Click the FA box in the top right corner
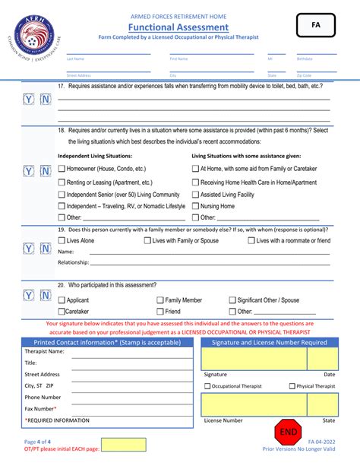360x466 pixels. tap(315, 25)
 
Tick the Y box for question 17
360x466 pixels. tap(28, 99)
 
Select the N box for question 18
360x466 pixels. tap(45, 171)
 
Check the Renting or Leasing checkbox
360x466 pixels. tap(62, 182)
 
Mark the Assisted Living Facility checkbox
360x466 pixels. tap(195, 195)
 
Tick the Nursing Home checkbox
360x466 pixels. tap(195, 206)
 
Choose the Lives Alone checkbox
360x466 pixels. tap(62, 241)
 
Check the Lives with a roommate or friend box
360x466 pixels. tap(251, 241)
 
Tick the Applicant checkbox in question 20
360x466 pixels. tap(62, 300)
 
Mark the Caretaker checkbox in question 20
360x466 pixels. tap(62, 312)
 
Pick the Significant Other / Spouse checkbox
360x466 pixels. tap(232, 300)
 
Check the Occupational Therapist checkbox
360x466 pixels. tap(207, 386)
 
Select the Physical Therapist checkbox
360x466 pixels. tap(292, 386)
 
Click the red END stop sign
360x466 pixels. tap(289, 431)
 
